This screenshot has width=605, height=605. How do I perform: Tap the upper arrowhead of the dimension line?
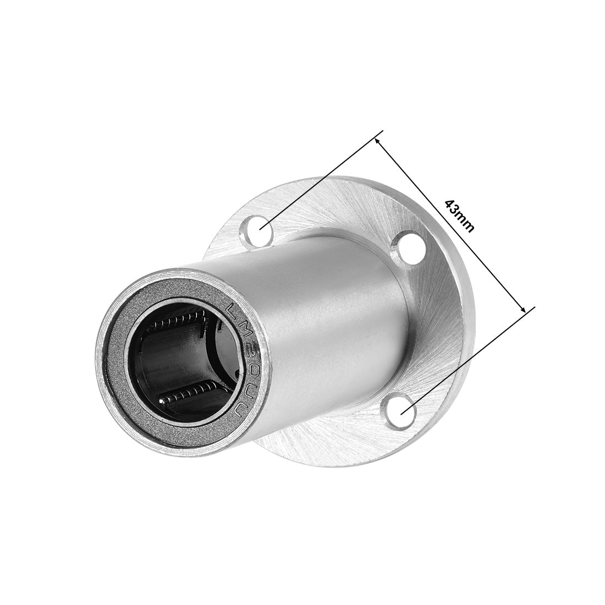pos(379,142)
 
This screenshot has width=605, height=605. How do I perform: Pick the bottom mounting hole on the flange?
pos(399,413)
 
